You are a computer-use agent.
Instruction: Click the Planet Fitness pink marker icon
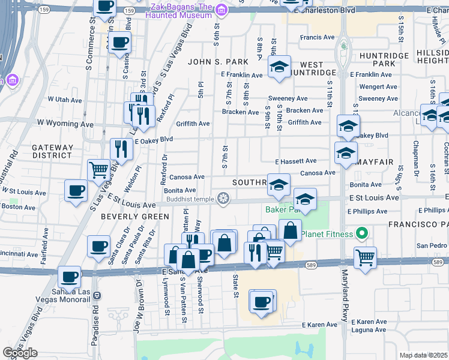[361, 233]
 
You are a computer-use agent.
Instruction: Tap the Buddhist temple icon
[223, 199]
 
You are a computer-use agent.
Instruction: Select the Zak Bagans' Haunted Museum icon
[221, 10]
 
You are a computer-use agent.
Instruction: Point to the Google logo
[20, 353]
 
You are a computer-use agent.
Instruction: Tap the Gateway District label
[53, 151]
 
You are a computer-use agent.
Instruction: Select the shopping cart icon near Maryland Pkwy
[365, 257]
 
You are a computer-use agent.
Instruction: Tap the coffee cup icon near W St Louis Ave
[76, 191]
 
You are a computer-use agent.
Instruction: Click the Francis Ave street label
[318, 37]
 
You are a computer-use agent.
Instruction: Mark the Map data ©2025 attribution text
[423, 355]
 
